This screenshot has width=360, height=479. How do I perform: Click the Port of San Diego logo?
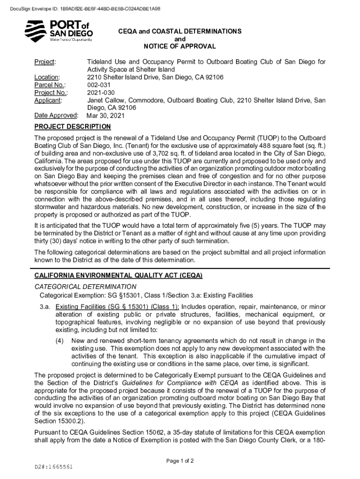[58, 31]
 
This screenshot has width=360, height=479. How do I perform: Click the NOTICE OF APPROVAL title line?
[180, 46]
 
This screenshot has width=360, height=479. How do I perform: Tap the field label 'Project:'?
[45, 62]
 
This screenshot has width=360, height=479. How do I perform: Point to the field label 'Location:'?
[47, 77]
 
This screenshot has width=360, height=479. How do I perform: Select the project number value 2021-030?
[100, 92]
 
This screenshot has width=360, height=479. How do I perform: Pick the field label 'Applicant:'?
[49, 100]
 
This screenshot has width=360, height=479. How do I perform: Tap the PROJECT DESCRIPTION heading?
[72, 127]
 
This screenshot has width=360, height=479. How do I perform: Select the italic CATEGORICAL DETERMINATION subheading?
[86, 286]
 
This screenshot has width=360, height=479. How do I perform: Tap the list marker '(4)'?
[59, 341]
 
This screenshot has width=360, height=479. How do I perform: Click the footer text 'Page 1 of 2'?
[180, 461]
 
